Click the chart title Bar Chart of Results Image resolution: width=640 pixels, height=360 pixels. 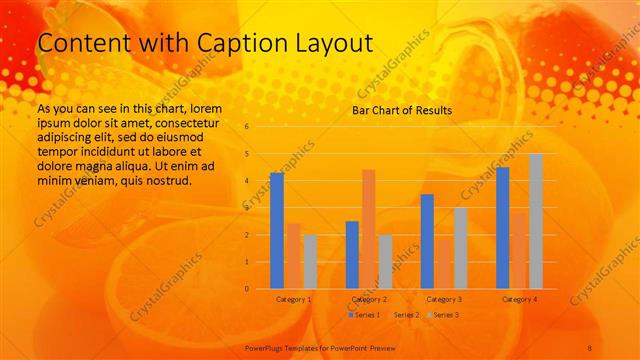pyautogui.click(x=402, y=110)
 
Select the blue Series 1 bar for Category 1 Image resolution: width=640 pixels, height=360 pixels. pyautogui.click(x=277, y=231)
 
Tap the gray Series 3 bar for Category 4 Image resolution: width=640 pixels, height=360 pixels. pyautogui.click(x=536, y=221)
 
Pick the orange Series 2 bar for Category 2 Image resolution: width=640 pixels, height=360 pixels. pyautogui.click(x=368, y=229)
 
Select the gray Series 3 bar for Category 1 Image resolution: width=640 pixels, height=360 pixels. pyautogui.click(x=310, y=262)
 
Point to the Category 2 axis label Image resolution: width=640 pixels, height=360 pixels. pyautogui.click(x=369, y=299)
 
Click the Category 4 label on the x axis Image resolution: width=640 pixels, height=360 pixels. pyautogui.click(x=519, y=299)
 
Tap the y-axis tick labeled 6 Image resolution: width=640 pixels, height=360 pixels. pyautogui.click(x=246, y=127)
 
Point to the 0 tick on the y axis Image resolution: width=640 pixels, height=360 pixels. pyautogui.click(x=246, y=289)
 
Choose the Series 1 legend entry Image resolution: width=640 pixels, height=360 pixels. pyautogui.click(x=365, y=315)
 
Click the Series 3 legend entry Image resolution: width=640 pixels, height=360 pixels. pyautogui.click(x=442, y=315)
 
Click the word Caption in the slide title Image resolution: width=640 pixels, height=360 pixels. pyautogui.click(x=226, y=43)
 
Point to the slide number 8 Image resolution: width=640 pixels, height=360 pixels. pyautogui.click(x=590, y=347)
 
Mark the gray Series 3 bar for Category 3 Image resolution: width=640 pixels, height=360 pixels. pyautogui.click(x=461, y=248)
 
